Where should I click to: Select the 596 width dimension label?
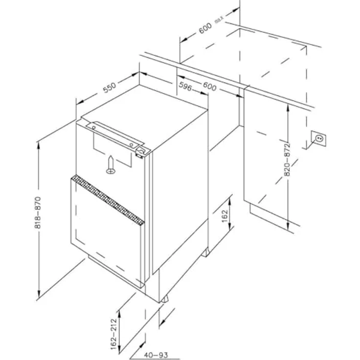coord(185,87)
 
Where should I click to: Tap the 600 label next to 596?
coord(209,87)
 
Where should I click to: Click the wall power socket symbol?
coord(318,139)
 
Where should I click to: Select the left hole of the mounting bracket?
coord(92,126)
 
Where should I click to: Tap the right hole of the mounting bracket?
coord(132,144)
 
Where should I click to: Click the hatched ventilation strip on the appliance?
coord(107,201)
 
